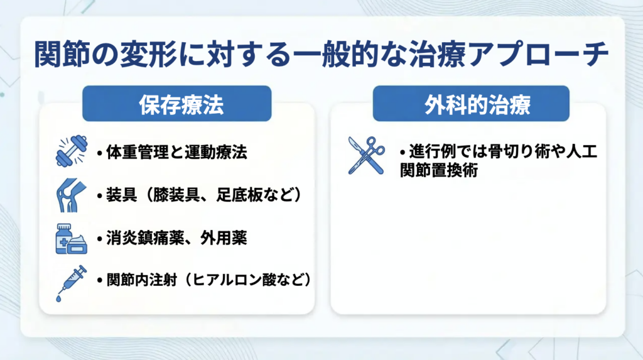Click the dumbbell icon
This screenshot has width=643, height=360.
tap(72, 151)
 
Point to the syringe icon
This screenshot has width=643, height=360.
tap(72, 283)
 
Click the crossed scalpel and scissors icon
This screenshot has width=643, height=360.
tap(366, 156)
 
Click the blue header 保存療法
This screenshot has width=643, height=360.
tap(176, 104)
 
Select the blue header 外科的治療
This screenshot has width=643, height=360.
tap(471, 104)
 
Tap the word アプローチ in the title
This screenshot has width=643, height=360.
tap(538, 54)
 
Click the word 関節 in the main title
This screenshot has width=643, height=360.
tap(62, 54)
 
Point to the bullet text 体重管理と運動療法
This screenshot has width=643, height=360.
tap(176, 152)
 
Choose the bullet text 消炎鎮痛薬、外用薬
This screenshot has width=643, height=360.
tap(176, 238)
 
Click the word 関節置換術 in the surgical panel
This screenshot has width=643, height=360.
tap(439, 170)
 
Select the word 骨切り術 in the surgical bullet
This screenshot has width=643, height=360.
tap(518, 151)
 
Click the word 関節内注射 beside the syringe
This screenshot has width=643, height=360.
tap(141, 280)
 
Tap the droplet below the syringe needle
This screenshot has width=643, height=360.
tap(58, 299)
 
